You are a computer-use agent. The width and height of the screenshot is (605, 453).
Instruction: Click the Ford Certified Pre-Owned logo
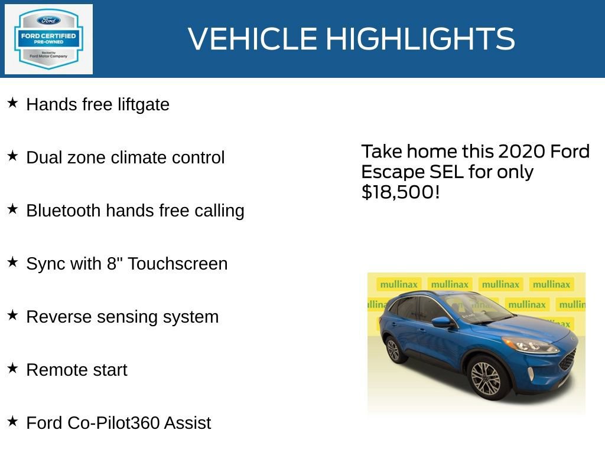click(48, 39)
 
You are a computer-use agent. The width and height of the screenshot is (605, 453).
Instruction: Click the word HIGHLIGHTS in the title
click(420, 39)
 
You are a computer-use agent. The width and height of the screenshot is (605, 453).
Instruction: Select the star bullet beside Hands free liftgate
click(12, 103)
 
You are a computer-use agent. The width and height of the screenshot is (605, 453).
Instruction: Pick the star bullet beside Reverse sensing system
click(12, 316)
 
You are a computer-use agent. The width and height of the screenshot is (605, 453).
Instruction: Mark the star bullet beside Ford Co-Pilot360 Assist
click(12, 422)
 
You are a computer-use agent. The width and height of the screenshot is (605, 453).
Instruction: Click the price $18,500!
click(401, 192)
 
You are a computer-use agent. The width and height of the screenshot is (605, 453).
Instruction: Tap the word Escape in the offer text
click(389, 172)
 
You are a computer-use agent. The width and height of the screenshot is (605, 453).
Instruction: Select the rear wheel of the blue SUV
click(393, 349)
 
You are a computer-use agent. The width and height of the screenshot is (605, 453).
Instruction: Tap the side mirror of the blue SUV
click(441, 322)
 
